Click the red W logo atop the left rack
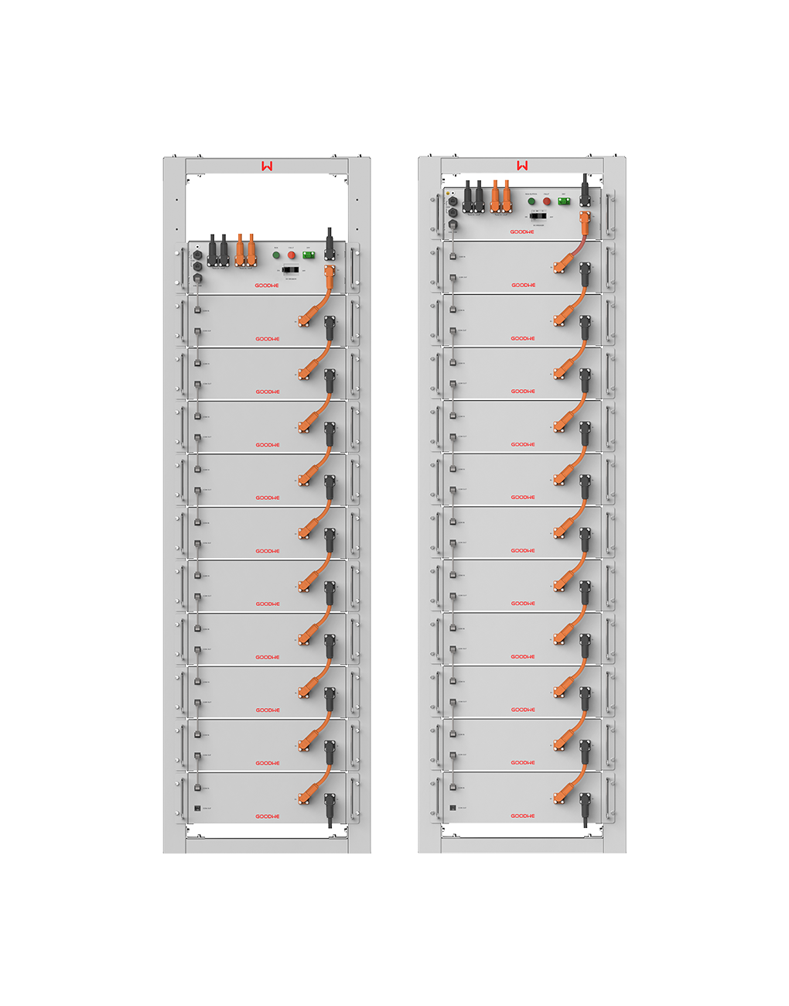coord(267,166)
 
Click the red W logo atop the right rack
coord(523,166)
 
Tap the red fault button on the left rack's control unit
coord(292,255)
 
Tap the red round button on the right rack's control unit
coord(547,201)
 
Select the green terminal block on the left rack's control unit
coord(309,255)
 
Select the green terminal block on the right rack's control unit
coord(564,201)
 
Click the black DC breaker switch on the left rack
coord(291,270)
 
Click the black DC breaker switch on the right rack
coord(538,215)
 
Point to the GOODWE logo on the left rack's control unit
coord(268,286)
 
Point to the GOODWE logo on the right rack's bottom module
coord(523,816)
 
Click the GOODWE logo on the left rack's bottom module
coord(268,816)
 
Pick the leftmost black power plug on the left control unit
coord(212,251)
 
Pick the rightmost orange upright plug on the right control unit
coord(507,197)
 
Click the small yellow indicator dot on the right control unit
coord(448,193)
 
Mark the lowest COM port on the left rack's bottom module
coord(197,808)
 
